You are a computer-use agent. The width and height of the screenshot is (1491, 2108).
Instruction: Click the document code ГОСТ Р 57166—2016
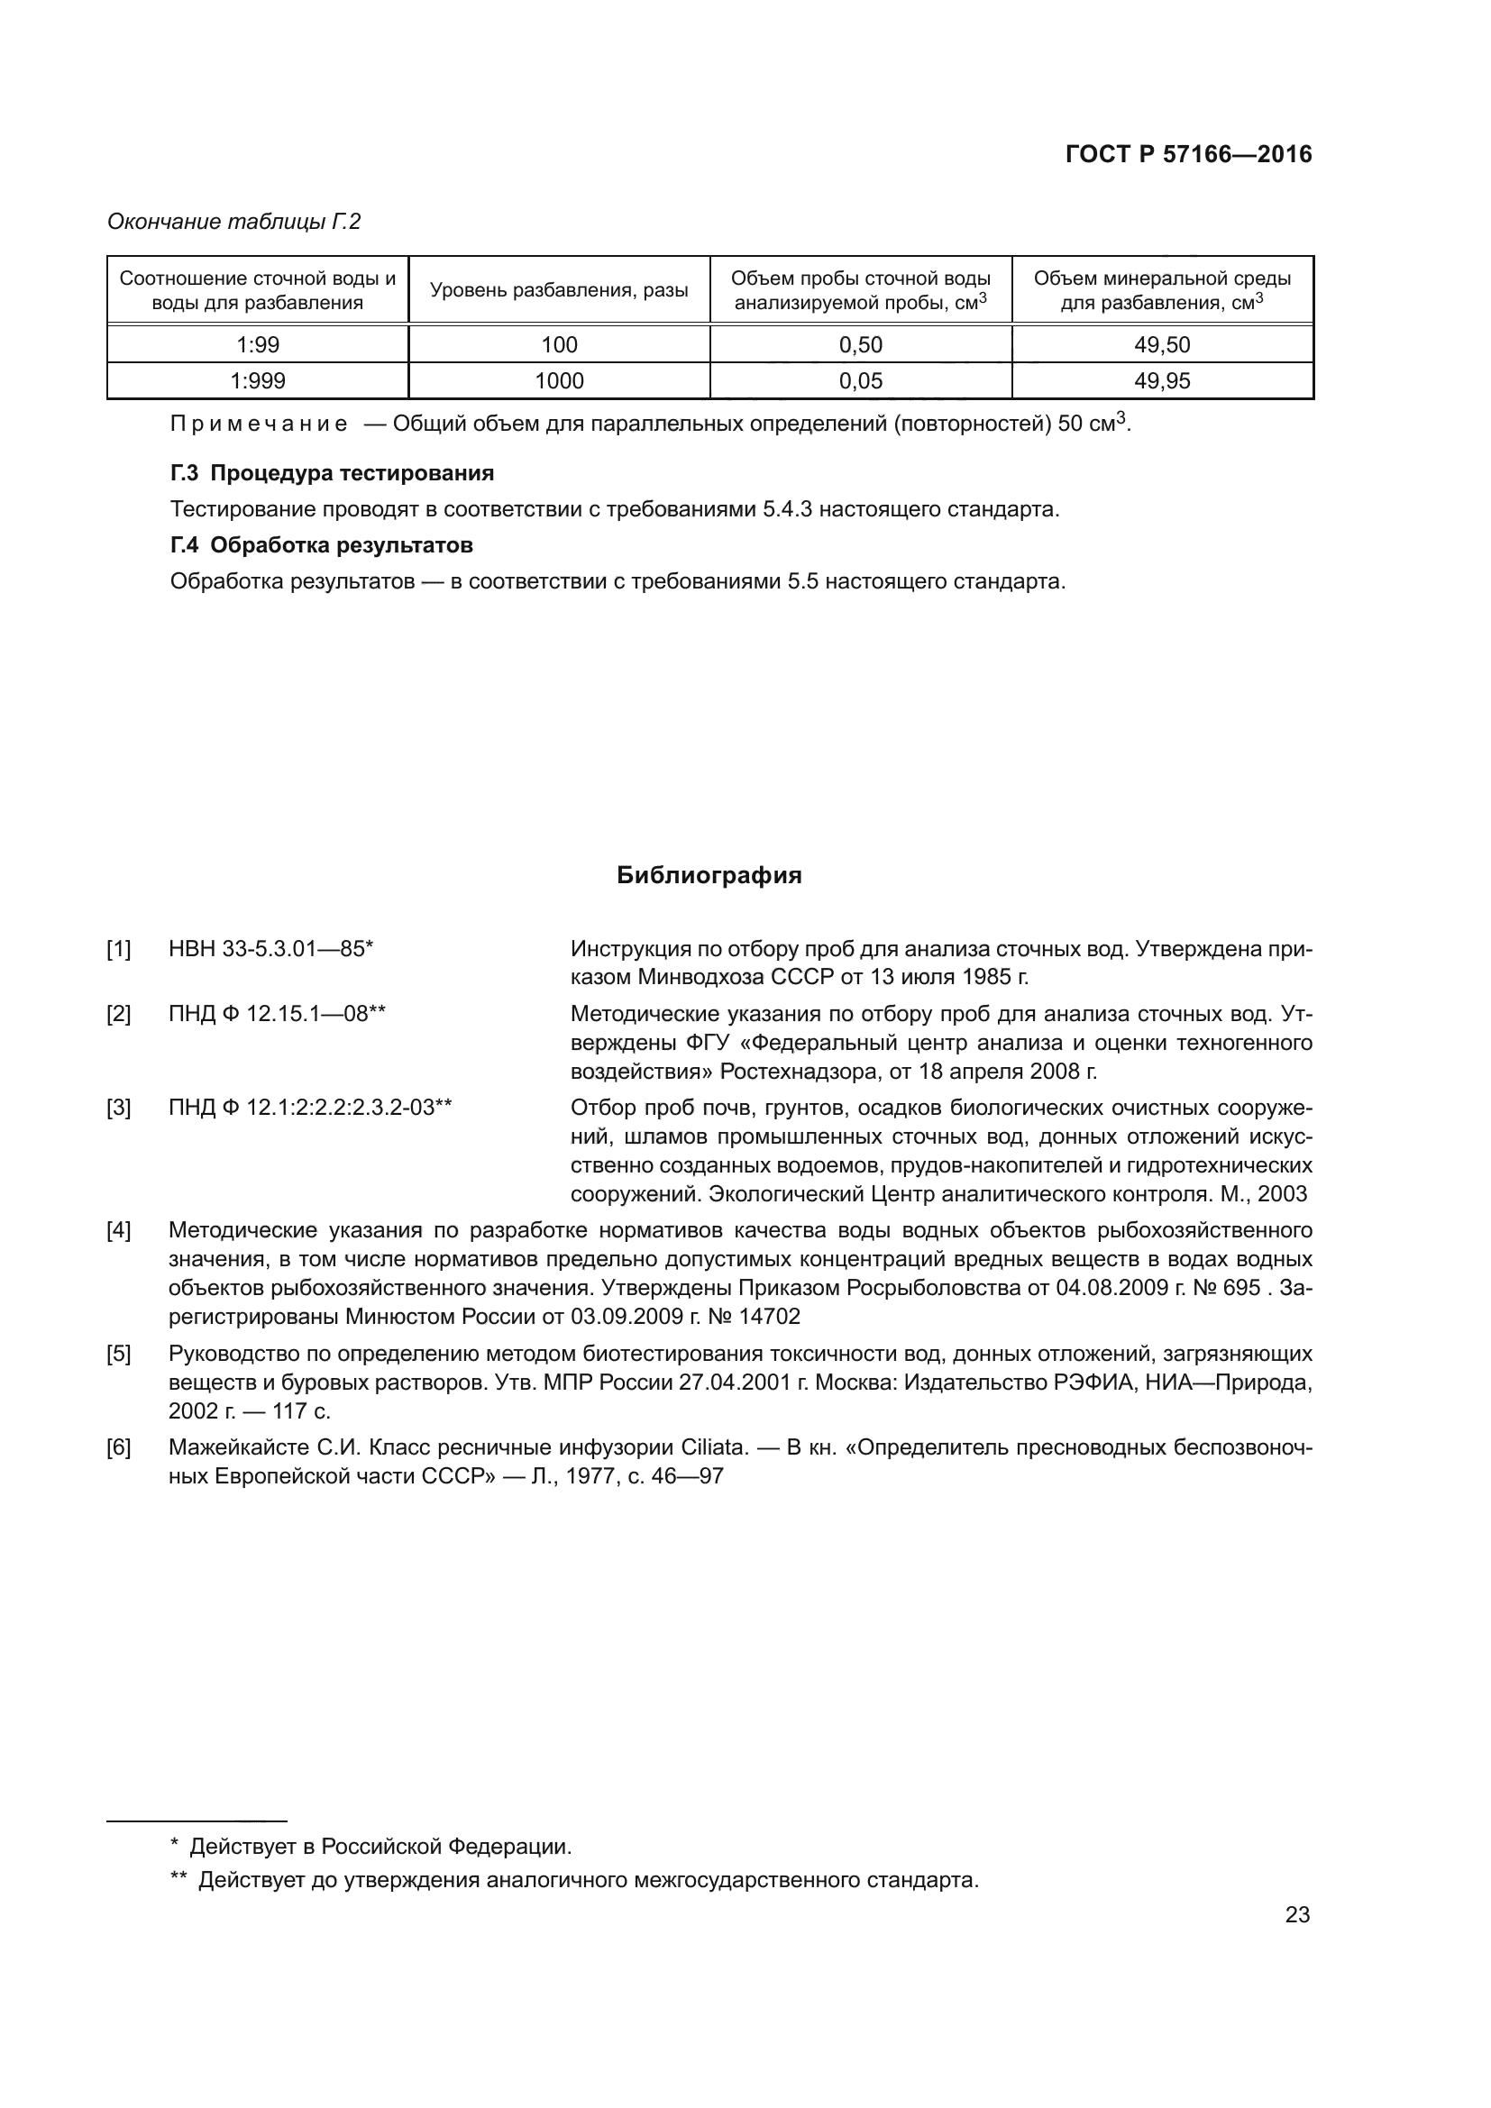click(x=1188, y=154)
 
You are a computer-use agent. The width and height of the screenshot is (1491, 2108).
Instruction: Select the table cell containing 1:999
click(x=258, y=381)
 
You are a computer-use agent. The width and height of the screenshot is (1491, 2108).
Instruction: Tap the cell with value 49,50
click(x=1161, y=345)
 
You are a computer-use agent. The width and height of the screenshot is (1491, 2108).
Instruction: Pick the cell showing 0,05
click(x=860, y=381)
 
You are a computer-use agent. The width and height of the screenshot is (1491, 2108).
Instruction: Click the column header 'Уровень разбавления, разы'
click(x=559, y=291)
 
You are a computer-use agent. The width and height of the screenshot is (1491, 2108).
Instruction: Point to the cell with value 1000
click(x=559, y=381)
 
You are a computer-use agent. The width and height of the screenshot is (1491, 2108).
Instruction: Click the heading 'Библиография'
click(x=709, y=875)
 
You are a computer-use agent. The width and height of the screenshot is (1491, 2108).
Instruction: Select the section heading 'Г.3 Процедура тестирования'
click(x=333, y=474)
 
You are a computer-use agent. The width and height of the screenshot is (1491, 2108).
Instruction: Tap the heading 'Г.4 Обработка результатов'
click(x=321, y=545)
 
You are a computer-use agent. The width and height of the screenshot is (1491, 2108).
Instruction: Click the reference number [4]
click(x=118, y=1230)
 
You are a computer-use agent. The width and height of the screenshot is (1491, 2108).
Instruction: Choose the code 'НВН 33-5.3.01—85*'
click(x=270, y=948)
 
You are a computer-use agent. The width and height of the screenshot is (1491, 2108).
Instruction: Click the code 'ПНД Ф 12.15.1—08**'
click(x=278, y=1014)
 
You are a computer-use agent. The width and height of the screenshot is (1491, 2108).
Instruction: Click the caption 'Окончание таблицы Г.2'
click(x=234, y=222)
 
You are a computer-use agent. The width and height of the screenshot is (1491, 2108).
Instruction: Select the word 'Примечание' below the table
click(x=259, y=424)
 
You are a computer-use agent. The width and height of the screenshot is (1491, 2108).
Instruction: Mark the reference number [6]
click(x=118, y=1448)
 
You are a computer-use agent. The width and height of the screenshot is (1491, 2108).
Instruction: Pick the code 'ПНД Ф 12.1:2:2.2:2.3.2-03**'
click(x=310, y=1108)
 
